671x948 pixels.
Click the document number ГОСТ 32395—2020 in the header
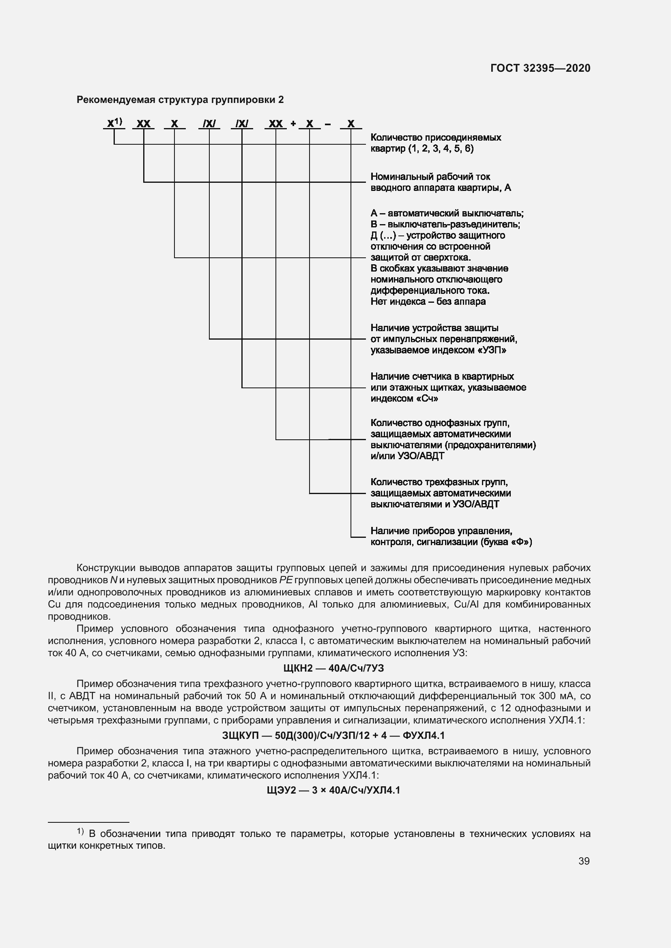(540, 68)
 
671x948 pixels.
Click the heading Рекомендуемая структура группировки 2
(180, 100)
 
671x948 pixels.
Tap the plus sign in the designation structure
(293, 124)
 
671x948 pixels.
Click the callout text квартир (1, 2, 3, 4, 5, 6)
(422, 149)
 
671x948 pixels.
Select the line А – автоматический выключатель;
(447, 214)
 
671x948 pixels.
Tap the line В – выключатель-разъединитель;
(445, 224)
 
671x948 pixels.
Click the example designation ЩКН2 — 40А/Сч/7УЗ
(333, 668)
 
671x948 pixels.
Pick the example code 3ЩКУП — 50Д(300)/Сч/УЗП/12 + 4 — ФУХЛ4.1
(333, 735)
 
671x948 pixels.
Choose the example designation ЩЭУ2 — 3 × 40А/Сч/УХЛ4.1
(333, 790)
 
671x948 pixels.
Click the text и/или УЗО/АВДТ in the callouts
(407, 456)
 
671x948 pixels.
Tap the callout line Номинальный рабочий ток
(430, 177)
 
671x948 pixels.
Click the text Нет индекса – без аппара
(428, 302)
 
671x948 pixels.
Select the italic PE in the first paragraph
(286, 580)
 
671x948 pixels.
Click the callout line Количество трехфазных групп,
(439, 482)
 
